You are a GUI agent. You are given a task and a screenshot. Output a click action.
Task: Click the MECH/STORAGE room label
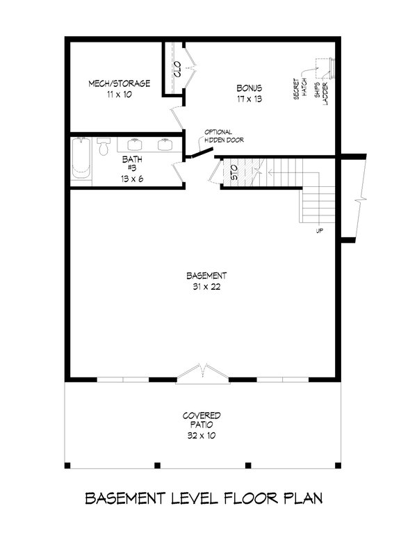tap(119, 83)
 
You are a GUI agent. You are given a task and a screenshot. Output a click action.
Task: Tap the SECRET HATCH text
tap(300, 89)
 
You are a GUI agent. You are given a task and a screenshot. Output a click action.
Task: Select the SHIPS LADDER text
tap(320, 90)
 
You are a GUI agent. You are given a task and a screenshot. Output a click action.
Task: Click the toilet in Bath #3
tap(104, 147)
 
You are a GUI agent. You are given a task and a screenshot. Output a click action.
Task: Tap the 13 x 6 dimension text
tap(133, 179)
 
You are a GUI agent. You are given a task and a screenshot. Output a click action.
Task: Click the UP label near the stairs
tap(320, 231)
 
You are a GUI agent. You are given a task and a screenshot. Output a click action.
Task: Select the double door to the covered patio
tap(202, 373)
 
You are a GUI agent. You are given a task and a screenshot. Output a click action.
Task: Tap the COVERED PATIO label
tap(202, 419)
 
